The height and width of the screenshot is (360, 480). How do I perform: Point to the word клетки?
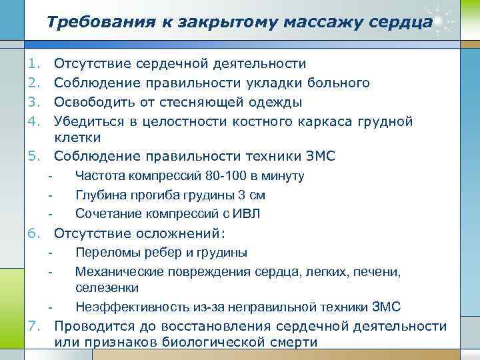click(77, 138)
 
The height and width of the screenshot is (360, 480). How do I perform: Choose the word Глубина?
click(100, 195)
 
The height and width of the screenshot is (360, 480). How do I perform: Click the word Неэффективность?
click(127, 307)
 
